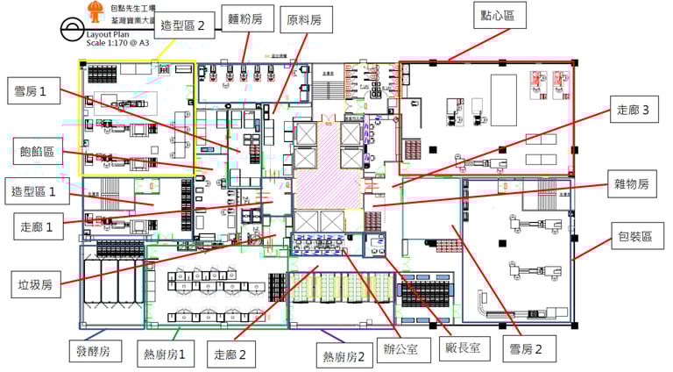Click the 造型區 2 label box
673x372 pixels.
[x=183, y=27]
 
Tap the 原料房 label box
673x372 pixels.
[x=303, y=20]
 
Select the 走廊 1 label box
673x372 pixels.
[x=37, y=226]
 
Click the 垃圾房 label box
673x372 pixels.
[x=36, y=284]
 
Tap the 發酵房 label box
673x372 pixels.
[x=89, y=352]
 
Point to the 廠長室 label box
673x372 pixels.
[x=462, y=348]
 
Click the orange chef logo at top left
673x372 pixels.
[x=94, y=10]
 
